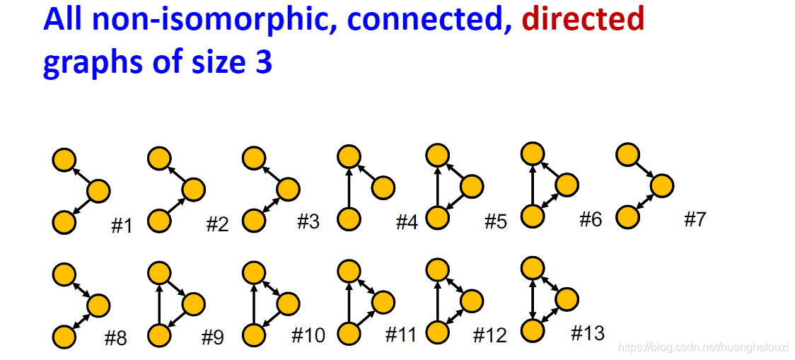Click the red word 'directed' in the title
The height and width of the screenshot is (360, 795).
(583, 19)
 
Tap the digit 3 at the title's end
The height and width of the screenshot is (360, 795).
(262, 63)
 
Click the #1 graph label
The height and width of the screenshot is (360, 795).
(122, 226)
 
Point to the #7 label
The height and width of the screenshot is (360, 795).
(695, 219)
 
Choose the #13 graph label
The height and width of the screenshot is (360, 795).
(587, 332)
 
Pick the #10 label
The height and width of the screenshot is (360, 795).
(308, 335)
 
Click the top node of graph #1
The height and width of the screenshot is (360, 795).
(64, 160)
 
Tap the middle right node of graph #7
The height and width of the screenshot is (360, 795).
(662, 185)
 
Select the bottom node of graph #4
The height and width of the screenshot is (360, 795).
(349, 219)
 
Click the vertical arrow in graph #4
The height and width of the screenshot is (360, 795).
(349, 190)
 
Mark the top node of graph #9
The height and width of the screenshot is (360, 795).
(160, 272)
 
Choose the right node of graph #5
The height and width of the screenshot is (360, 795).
(472, 186)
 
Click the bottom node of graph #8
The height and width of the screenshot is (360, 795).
(64, 335)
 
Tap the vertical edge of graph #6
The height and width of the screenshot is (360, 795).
(532, 185)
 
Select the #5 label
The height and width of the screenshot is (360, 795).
(495, 221)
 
